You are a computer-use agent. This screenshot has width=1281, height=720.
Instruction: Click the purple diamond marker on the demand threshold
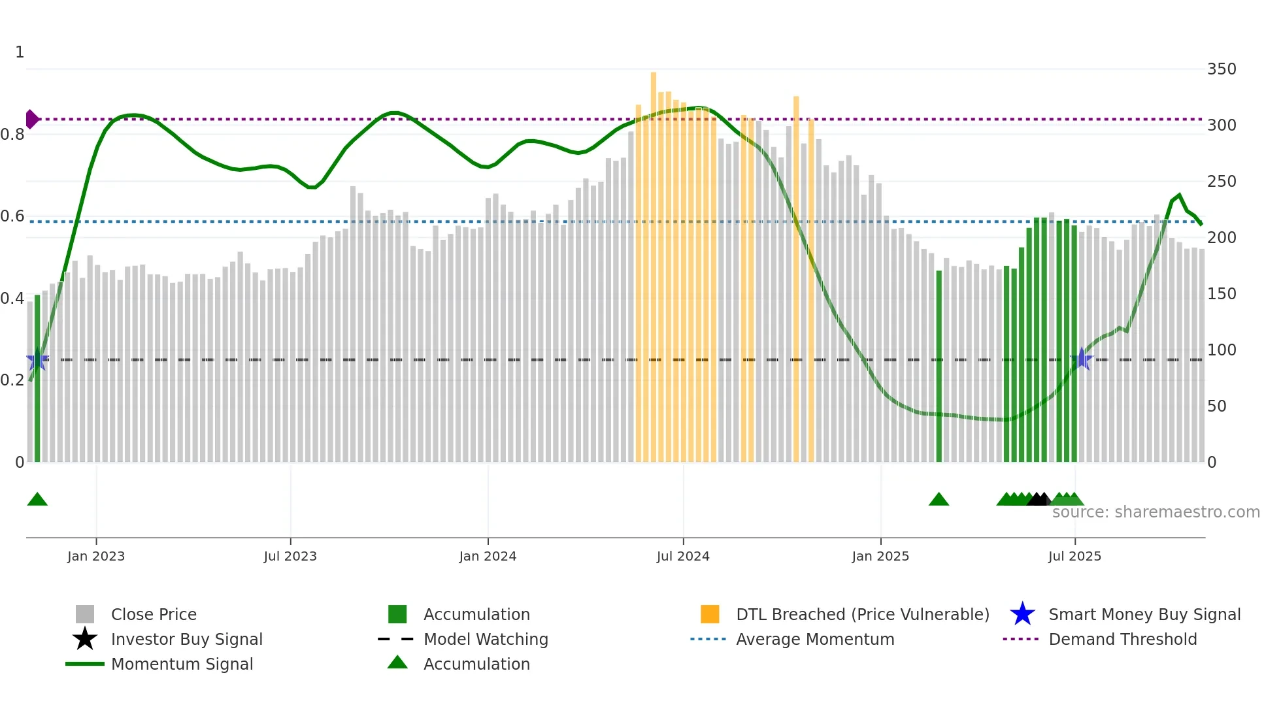pos(31,120)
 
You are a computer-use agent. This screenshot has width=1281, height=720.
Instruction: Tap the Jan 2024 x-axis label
pos(488,557)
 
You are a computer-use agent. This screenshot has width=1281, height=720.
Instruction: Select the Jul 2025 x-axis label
pos(1074,557)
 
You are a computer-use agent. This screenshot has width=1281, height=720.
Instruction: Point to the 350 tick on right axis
pos(1222,69)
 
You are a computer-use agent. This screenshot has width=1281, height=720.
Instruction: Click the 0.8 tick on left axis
pos(12,135)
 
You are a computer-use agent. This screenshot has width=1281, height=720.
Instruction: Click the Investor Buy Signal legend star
pos(85,639)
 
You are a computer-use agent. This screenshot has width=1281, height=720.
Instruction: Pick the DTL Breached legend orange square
pos(710,614)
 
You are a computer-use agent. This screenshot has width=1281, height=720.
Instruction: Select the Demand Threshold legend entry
pos(1122,640)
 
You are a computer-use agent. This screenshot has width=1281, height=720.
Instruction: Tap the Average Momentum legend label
pos(815,640)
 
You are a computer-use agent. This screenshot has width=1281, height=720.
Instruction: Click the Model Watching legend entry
pos(485,640)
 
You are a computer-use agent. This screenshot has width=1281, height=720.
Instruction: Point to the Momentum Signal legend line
pos(85,664)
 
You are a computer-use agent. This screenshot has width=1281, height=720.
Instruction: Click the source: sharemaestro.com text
pos(1156,512)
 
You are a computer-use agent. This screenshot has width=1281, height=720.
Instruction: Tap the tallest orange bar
pos(654,261)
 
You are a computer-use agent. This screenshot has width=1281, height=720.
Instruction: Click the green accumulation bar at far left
pos(37,379)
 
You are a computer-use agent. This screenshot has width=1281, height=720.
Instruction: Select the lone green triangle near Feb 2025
pos(939,500)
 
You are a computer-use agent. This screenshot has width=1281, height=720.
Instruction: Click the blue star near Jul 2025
pos(1082,359)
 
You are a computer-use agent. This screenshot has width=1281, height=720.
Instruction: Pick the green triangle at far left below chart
pos(37,500)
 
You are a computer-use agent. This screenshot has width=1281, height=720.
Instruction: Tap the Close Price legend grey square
pos(85,614)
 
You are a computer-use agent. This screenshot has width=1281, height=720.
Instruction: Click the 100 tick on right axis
pos(1222,350)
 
